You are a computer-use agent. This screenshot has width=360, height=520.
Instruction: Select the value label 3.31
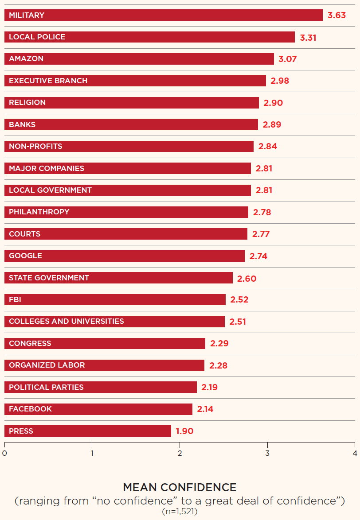[x=308, y=38]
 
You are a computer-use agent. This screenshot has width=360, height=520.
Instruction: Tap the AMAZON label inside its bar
[x=26, y=59]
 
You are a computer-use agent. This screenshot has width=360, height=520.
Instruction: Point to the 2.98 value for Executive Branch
[x=279, y=81]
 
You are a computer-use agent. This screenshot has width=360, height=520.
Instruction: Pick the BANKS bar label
[x=22, y=124]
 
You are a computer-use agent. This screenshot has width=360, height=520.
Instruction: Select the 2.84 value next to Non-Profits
[x=267, y=147]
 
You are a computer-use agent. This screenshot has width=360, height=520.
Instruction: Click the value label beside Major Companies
[x=264, y=168]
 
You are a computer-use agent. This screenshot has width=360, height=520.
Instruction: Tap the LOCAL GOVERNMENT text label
[x=50, y=190]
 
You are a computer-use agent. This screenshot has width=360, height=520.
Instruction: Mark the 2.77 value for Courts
[x=261, y=234]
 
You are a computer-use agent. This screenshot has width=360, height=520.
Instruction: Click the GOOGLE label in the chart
[x=25, y=256]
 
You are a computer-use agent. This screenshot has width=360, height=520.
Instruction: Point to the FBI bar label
[x=15, y=299]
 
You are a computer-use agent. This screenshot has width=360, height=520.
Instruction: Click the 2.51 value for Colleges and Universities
[x=237, y=322]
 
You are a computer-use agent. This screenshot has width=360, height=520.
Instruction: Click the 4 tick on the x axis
[x=355, y=453]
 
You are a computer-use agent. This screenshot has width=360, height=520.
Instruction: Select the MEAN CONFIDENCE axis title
[x=180, y=487]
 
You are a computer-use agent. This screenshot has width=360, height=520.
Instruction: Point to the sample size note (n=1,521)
[x=180, y=512]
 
